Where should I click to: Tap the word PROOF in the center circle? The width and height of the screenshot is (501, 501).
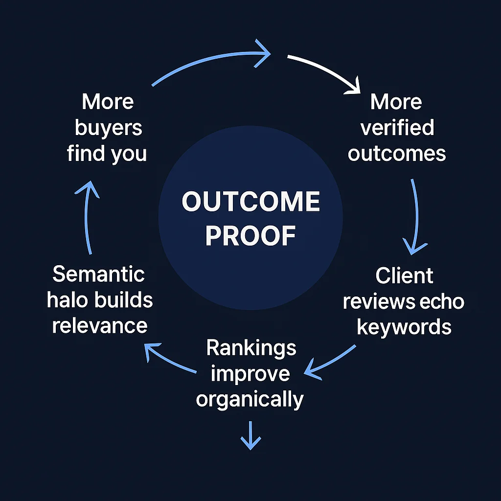250,236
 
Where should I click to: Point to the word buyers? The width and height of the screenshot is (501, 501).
108,128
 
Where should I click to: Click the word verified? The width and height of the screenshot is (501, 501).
397,128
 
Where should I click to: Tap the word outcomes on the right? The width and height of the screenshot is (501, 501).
397,154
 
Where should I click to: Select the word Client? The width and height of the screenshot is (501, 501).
404,276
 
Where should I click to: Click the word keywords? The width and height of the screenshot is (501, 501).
404,327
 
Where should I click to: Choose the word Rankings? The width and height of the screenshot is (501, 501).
251,348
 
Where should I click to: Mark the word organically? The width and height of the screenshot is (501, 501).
250,399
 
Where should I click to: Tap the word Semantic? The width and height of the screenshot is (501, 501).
99,274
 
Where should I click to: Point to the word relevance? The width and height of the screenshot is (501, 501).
100,325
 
